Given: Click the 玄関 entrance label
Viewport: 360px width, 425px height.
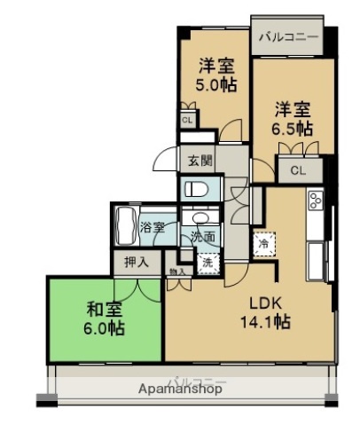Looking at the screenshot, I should click(x=200, y=161).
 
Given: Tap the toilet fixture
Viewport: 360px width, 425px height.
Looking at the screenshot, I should click(x=195, y=189).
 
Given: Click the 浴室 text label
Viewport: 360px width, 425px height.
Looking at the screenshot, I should click(x=153, y=228).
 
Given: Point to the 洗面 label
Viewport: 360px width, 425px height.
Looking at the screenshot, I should click(x=203, y=237).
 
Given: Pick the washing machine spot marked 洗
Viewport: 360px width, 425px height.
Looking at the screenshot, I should click(x=207, y=263).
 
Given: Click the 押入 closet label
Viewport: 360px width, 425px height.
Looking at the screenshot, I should click(x=137, y=263).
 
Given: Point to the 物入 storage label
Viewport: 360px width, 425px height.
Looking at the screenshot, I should click(x=177, y=272).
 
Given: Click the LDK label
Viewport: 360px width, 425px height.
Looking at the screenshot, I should click(x=264, y=302).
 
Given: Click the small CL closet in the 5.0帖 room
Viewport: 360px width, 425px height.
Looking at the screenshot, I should click(x=187, y=119).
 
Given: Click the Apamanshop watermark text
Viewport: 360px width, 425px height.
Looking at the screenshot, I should click(x=180, y=389).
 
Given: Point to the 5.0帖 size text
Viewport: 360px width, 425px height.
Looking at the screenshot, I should click(x=215, y=85).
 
